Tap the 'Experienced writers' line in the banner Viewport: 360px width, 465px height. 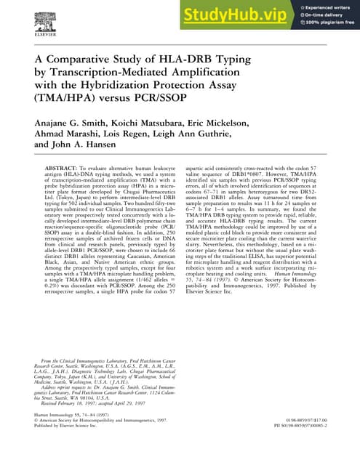[x=327, y=7]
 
